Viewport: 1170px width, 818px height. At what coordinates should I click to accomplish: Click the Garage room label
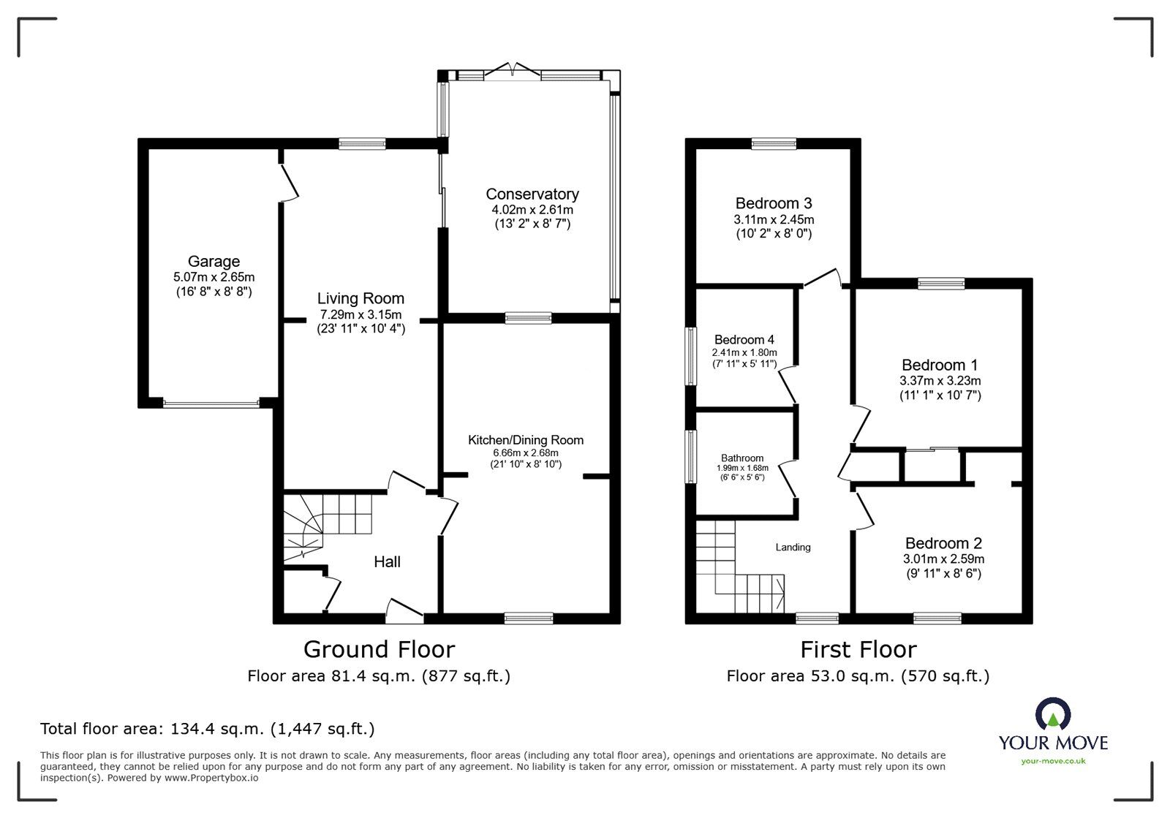coord(214,261)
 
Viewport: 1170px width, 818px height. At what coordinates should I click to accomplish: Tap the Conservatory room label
coord(532,194)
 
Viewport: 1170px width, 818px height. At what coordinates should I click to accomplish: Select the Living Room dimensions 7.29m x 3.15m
coord(361,315)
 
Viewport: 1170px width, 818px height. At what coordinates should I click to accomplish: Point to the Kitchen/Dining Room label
coord(526,440)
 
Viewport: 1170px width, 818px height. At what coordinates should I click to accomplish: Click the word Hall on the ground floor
coord(387,561)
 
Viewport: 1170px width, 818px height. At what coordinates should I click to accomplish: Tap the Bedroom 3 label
coord(774,203)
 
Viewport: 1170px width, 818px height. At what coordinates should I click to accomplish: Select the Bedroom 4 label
coord(744,340)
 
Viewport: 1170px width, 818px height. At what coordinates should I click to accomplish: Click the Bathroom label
coord(742,458)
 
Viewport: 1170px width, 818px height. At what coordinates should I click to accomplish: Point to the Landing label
coord(793,547)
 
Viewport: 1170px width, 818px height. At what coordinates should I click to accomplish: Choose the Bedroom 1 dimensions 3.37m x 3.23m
coord(940,381)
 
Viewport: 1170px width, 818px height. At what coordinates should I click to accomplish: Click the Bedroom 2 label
coord(943,543)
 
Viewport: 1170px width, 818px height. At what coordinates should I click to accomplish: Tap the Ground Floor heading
coord(380,649)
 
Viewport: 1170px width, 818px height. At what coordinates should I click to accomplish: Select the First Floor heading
coord(858,650)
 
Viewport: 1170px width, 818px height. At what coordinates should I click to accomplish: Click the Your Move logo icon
coord(1053,713)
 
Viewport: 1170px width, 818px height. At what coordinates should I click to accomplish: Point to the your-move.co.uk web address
coord(1053,761)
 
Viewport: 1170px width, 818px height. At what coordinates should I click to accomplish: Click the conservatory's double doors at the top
coord(513,70)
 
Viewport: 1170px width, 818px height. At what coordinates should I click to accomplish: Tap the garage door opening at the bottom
coord(211,403)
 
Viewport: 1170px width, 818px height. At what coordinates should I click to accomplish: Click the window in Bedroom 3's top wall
coord(774,143)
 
